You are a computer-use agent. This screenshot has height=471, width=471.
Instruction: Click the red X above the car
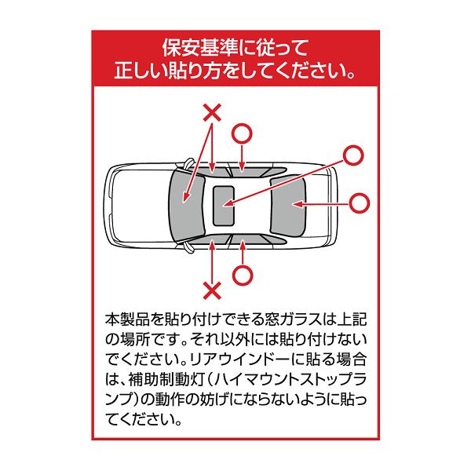coord(212,112)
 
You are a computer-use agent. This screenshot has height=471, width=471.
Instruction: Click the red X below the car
coord(212,290)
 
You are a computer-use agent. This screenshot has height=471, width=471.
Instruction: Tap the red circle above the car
coord(242,133)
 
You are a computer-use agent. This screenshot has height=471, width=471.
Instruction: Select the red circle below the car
coord(243,276)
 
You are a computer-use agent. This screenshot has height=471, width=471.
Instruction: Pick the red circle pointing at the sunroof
coord(353,155)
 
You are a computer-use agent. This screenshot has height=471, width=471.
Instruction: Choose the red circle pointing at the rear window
coord(360,203)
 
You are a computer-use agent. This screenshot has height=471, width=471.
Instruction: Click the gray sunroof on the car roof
coord(224,206)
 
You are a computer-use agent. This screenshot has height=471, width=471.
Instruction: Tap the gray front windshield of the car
coord(187,206)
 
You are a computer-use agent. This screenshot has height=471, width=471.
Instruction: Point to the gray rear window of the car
coord(289,205)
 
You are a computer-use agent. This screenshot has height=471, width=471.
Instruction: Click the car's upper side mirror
coord(189,163)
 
